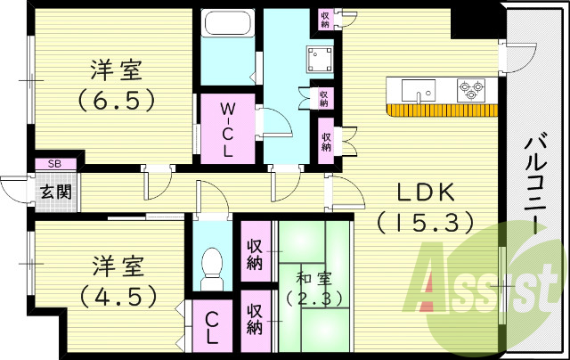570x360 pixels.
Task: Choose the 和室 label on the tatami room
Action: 309,277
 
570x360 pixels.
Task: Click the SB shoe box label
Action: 54,164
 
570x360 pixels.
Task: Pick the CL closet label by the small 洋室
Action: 214,329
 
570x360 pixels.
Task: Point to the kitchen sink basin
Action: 417,90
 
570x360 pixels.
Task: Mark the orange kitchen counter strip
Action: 443,110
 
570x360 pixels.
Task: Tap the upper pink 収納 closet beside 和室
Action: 255,254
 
